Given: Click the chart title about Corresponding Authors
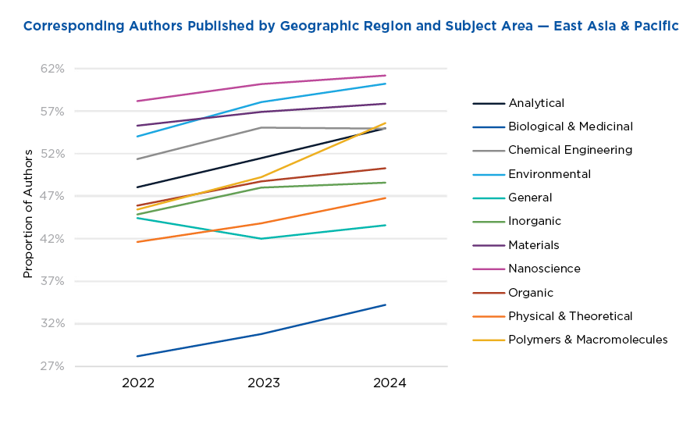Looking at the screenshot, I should [350, 26].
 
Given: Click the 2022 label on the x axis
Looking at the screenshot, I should [137, 383].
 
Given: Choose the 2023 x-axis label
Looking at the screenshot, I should [263, 383].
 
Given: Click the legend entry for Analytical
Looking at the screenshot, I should [535, 103].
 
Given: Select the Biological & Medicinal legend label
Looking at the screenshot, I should [570, 126].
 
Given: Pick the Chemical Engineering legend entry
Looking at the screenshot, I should [570, 150].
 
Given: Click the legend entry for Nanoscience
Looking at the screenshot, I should [544, 269].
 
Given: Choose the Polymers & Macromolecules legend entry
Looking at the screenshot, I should [587, 340].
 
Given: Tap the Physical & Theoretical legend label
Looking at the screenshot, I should [570, 316].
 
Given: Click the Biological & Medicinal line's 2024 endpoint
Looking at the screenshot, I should [386, 305].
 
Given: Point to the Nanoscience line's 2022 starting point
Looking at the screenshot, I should [137, 101].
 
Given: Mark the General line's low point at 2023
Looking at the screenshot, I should [262, 239].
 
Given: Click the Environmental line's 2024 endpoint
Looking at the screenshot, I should [386, 83].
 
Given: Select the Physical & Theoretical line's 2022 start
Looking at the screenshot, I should [137, 242].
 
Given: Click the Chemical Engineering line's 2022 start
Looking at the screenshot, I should [137, 159].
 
